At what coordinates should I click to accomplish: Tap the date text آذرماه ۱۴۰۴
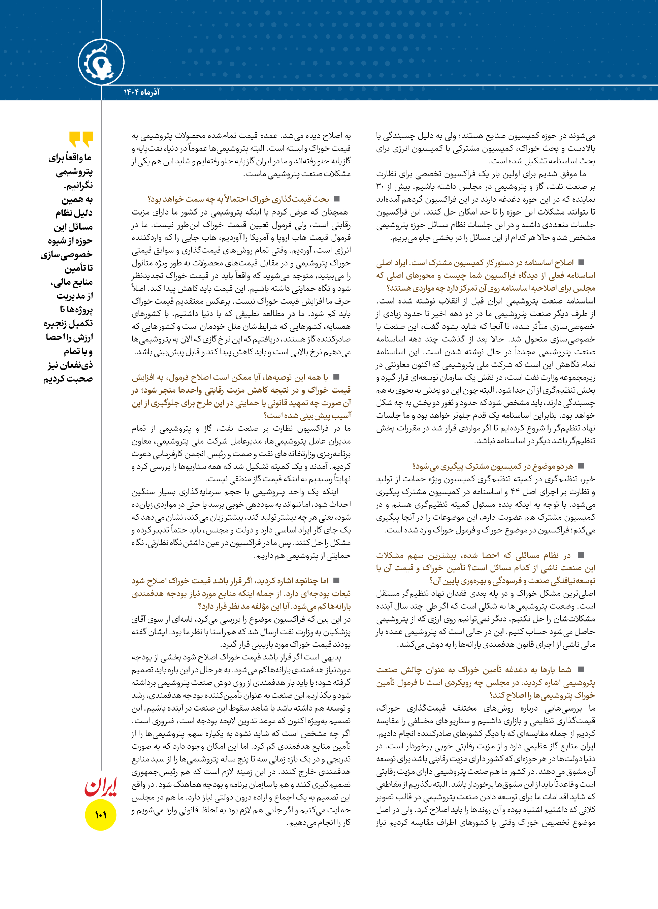pos(141,92)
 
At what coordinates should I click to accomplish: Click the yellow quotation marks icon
pos(81,139)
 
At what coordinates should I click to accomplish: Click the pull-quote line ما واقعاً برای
pos(71,158)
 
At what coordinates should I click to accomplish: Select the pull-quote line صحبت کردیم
pos(68,379)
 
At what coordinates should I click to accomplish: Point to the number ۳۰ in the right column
pos(380,186)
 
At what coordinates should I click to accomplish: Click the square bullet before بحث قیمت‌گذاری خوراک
pos(337,199)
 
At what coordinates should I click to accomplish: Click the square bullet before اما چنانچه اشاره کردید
pos(337,580)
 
